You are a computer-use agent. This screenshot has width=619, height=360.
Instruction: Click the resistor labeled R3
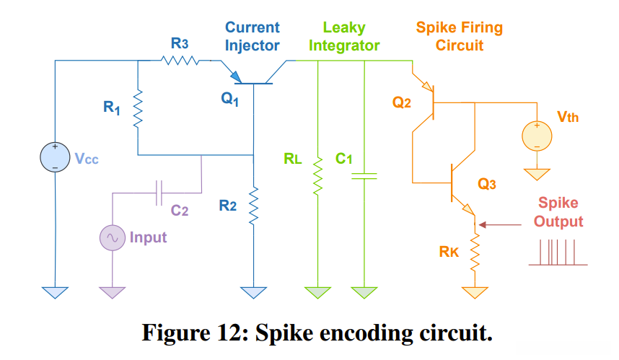pos(179,61)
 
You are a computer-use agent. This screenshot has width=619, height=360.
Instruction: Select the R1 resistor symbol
pos(137,109)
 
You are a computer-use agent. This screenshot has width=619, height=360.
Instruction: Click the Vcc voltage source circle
pos(55,158)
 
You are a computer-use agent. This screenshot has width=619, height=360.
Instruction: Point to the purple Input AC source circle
pos(113,237)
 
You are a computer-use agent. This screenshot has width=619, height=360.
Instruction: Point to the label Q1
pos(229,101)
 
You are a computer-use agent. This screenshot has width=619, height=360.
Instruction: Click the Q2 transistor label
pos(402,103)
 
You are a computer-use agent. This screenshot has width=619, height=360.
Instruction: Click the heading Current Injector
pos(252,36)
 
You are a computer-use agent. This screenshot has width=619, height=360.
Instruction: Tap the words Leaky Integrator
pos(344,36)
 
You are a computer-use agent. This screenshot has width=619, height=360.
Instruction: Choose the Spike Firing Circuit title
pos(459,36)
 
